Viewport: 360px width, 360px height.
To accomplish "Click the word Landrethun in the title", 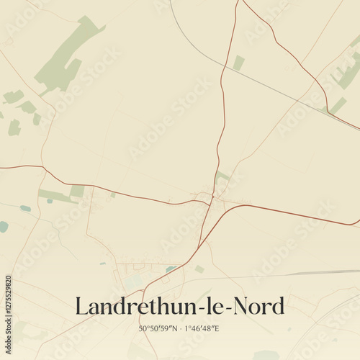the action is point(127,306).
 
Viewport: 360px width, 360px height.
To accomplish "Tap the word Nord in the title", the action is point(258,306).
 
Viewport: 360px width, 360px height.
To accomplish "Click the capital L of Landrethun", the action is point(81,306).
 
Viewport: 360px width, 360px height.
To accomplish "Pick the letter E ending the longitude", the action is point(217,329).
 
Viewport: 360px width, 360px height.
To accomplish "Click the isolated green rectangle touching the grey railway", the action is point(238,63).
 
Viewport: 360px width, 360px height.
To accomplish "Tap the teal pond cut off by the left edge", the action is point(3,226).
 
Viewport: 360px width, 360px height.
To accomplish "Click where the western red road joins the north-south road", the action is point(209,203).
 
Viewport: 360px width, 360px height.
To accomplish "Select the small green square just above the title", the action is point(199,269).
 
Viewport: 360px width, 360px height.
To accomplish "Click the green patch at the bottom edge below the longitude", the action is point(265,354).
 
